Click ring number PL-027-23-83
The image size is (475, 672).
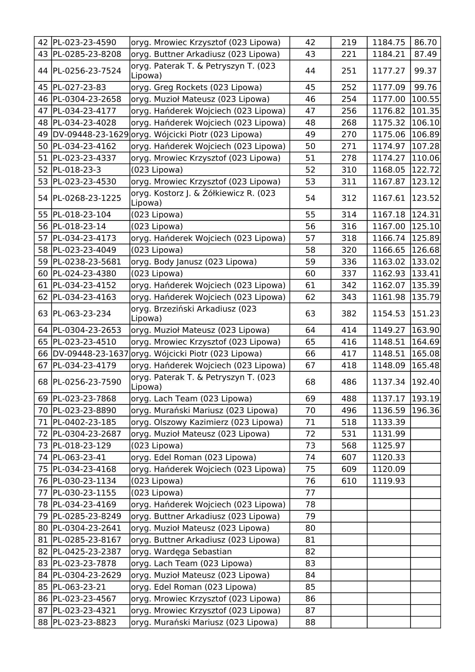79,88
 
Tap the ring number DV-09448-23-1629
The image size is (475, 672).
91,135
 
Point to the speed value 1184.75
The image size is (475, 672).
389,43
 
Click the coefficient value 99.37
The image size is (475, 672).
425,71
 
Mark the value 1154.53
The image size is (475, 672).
389,314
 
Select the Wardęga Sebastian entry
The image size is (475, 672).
181,552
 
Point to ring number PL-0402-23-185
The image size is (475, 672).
84,422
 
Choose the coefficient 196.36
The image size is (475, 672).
425,411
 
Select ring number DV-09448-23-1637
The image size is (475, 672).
91,354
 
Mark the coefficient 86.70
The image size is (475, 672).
425,43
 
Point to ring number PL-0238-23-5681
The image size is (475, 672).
87,262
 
